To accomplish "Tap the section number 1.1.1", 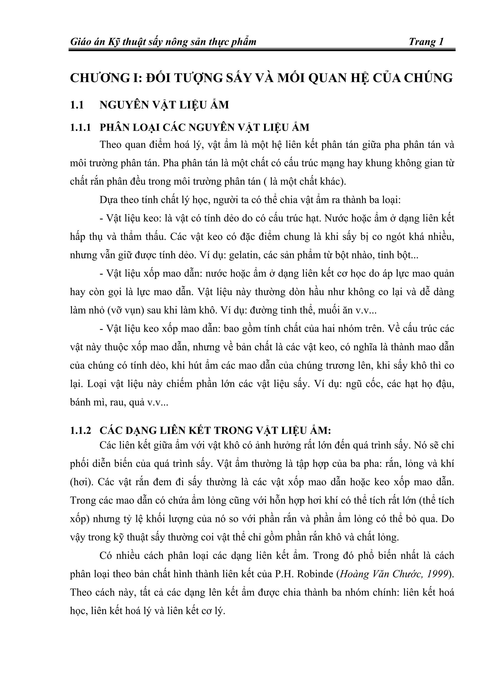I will (80, 128).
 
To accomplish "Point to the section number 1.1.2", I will (80, 431).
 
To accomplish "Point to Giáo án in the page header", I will (87, 41).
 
